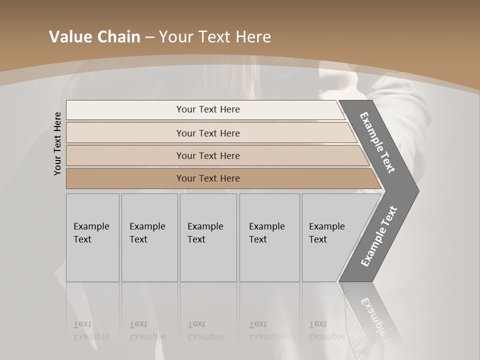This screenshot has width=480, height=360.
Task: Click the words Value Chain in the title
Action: tap(94, 37)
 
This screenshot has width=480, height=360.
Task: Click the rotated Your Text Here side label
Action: tap(57, 143)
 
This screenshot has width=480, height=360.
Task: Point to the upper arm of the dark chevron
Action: tap(377, 142)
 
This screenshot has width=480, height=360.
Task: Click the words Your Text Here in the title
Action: tap(215, 37)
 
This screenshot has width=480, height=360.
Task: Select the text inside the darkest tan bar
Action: tap(208, 178)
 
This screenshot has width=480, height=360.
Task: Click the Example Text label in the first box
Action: tap(91, 233)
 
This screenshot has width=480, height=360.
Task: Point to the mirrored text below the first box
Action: tap(91, 331)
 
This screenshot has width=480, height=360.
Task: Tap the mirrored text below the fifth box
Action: tap(326, 331)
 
